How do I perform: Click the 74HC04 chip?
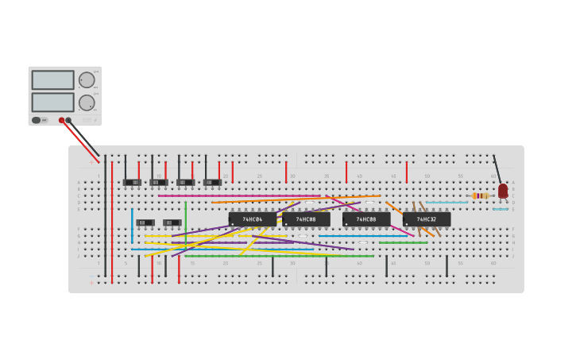(x=253, y=219)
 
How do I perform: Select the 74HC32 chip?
(x=427, y=219)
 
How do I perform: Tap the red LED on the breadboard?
(x=503, y=191)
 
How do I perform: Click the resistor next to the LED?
(x=480, y=195)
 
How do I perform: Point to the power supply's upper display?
(x=52, y=80)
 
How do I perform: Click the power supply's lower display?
(x=52, y=103)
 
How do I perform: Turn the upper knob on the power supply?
(x=86, y=80)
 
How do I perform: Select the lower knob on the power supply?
(x=86, y=103)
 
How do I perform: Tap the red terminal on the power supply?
(x=61, y=120)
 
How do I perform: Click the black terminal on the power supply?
(x=69, y=120)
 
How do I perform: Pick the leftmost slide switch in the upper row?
(x=132, y=182)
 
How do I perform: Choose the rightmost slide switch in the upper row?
(x=212, y=182)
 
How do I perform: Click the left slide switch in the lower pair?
(x=145, y=223)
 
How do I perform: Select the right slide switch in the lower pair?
(x=172, y=223)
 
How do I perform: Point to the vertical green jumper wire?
(x=186, y=221)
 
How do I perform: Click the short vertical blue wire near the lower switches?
(x=132, y=226)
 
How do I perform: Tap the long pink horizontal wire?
(x=238, y=195)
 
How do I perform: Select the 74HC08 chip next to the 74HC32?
(x=366, y=219)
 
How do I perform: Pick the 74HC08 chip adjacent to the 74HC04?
(x=307, y=219)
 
